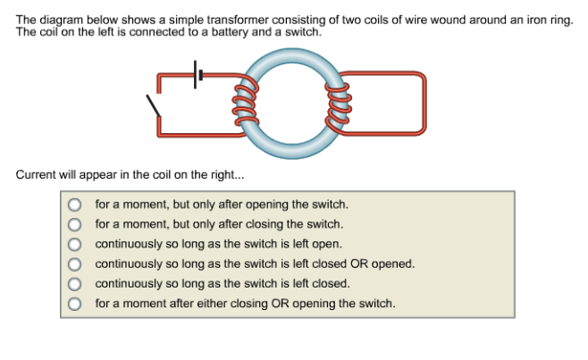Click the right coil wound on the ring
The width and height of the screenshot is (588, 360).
[338, 101]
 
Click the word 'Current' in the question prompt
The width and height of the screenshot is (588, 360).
[37, 174]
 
